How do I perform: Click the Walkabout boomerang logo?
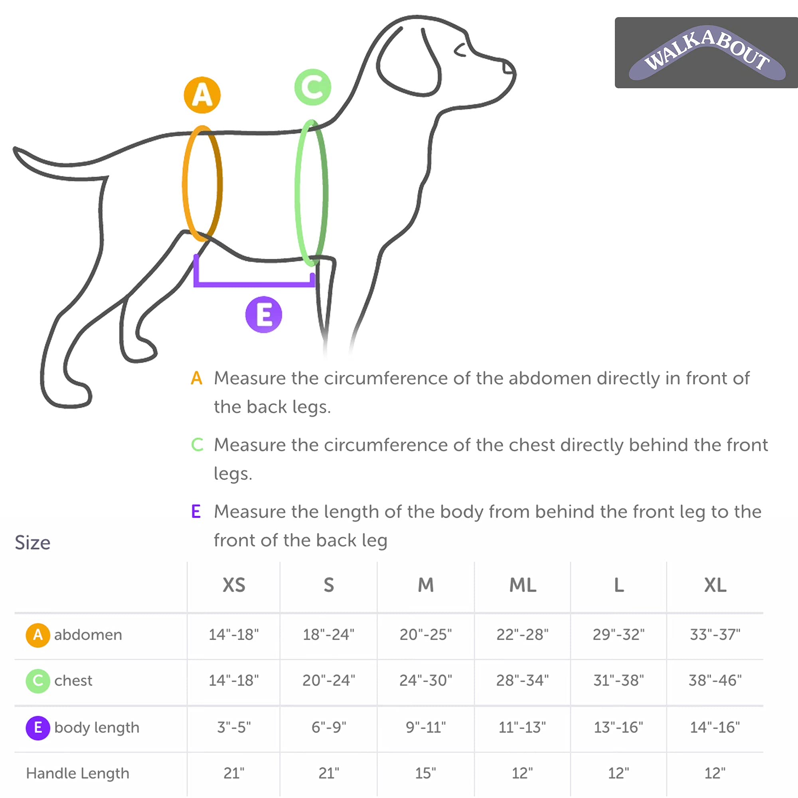click(x=707, y=53)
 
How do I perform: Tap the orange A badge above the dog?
click(x=202, y=95)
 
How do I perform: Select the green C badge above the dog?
click(x=313, y=87)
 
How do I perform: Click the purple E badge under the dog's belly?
click(x=263, y=315)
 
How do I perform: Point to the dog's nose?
click(x=508, y=67)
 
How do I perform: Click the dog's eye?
click(x=460, y=50)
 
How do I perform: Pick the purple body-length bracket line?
click(x=254, y=284)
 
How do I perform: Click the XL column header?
click(x=715, y=585)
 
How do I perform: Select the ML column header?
click(x=523, y=585)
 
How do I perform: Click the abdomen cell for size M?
click(x=425, y=634)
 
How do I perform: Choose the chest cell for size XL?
click(x=715, y=680)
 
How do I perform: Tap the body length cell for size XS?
click(x=234, y=727)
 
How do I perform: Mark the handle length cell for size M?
click(x=425, y=773)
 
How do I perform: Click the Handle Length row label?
click(x=78, y=773)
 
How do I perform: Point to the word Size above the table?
click(x=33, y=543)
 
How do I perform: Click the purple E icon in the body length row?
click(x=38, y=727)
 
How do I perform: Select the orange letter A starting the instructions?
click(x=197, y=378)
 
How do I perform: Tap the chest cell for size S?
click(x=328, y=680)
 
